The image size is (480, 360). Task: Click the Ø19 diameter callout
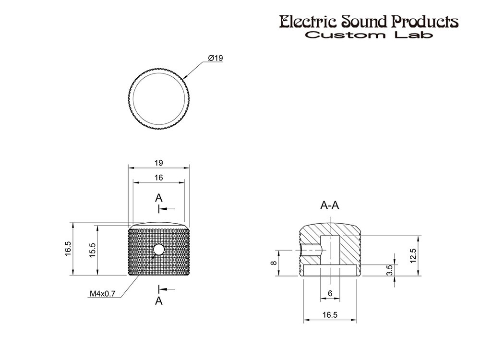tap(216, 58)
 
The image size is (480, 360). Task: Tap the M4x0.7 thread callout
tap(103, 294)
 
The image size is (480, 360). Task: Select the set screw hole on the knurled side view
tap(158, 250)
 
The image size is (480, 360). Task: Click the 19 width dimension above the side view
tap(158, 163)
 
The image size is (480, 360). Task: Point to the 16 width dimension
tap(158, 178)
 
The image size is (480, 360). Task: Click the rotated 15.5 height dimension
tap(93, 250)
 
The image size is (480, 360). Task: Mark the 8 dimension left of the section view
tap(274, 263)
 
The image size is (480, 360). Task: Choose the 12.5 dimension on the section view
tap(413, 256)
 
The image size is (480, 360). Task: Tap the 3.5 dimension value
tap(390, 270)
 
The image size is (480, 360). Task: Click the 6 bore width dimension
tap(330, 293)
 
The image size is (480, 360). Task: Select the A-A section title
tap(330, 205)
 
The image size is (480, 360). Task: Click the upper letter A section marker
tap(158, 198)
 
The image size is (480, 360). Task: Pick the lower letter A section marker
tap(158, 301)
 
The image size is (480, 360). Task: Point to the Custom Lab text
tap(369, 35)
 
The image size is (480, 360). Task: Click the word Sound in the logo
tap(365, 22)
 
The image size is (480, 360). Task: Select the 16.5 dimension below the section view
tap(330, 315)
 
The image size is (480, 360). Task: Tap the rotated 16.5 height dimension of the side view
tap(68, 249)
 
